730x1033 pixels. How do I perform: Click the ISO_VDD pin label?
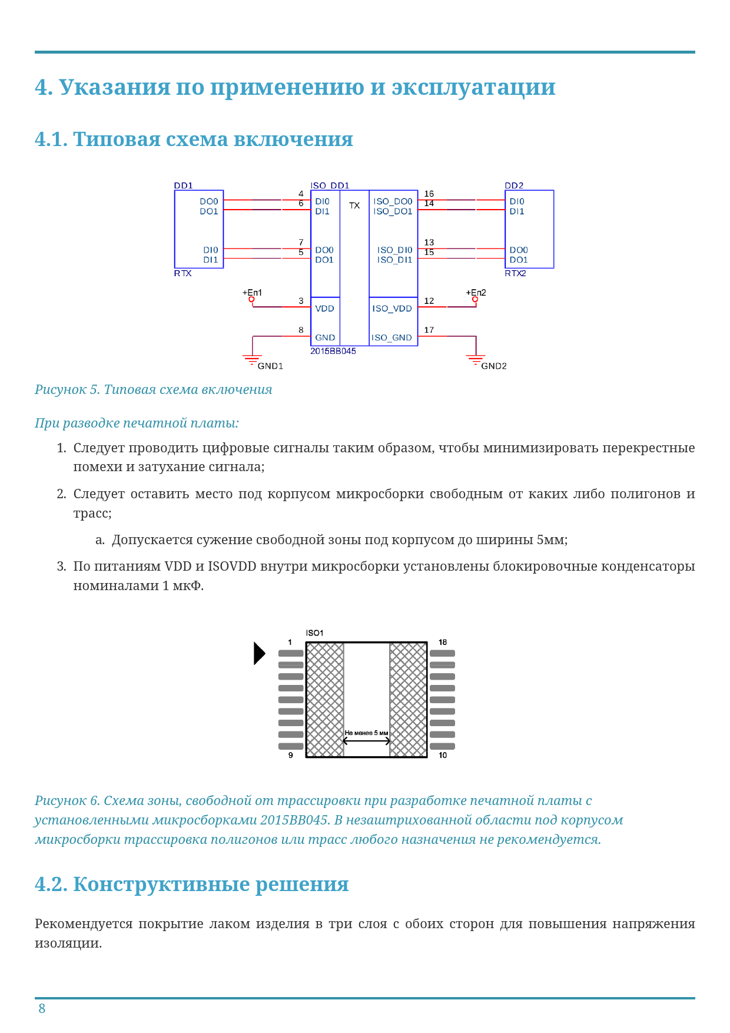click(x=392, y=309)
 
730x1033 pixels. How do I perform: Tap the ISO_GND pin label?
click(x=391, y=338)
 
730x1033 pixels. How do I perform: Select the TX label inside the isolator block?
click(x=354, y=206)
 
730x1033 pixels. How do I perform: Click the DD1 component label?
click(x=183, y=186)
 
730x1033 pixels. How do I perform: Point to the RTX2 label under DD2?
click(x=515, y=273)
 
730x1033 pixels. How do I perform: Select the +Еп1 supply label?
click(x=252, y=293)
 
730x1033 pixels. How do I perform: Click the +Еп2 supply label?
click(x=476, y=293)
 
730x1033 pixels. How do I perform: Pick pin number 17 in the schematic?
click(x=429, y=330)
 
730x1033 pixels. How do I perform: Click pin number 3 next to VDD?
click(x=301, y=301)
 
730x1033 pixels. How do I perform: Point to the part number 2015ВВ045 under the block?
click(x=333, y=351)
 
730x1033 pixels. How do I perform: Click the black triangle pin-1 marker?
click(x=259, y=653)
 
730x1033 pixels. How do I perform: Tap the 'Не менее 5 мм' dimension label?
click(x=366, y=733)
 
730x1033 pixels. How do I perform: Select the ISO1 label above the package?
click(x=314, y=633)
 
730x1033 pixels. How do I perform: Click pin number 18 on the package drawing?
click(x=443, y=643)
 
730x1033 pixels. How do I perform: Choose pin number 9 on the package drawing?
click(x=290, y=755)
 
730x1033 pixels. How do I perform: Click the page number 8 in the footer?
click(x=42, y=1009)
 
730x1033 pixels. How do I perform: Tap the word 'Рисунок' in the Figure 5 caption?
click(x=60, y=389)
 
